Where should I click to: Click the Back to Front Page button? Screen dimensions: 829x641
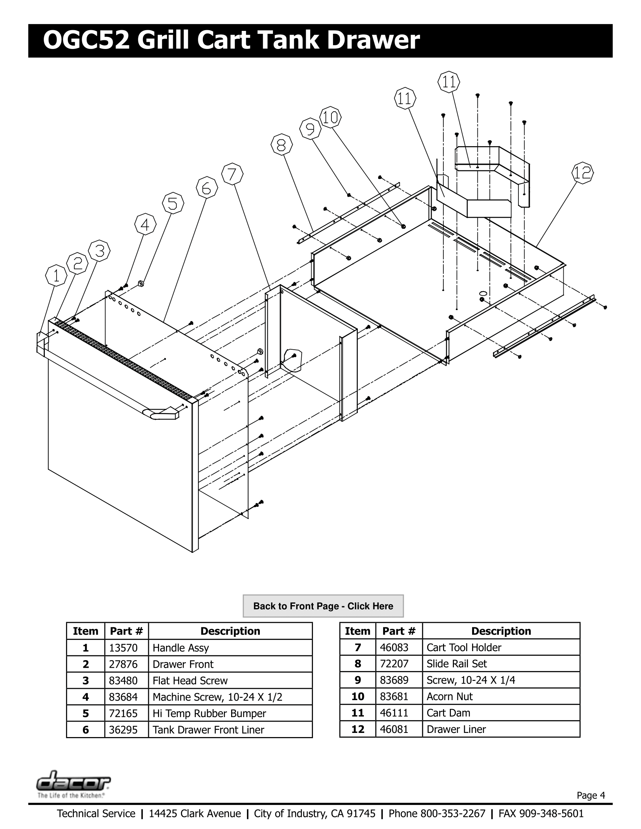coord(323,606)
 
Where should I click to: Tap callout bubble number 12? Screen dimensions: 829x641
coord(582,173)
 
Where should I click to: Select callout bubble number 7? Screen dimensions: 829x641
coord(232,174)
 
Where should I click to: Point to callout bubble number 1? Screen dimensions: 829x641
coord(56,275)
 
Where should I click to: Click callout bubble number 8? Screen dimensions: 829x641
coord(281,145)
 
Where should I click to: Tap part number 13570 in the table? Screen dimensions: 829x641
coord(123,648)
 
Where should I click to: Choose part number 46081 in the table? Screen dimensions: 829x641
coord(394,729)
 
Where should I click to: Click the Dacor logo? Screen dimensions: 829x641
coord(73,783)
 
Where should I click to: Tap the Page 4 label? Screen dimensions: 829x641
coord(590,795)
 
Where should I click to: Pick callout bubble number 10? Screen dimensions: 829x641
coord(330,117)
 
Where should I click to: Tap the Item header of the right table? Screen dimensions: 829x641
coord(357,631)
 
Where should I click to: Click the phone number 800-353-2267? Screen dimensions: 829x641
coord(452,814)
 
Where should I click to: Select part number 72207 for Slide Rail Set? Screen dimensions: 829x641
coord(394,664)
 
